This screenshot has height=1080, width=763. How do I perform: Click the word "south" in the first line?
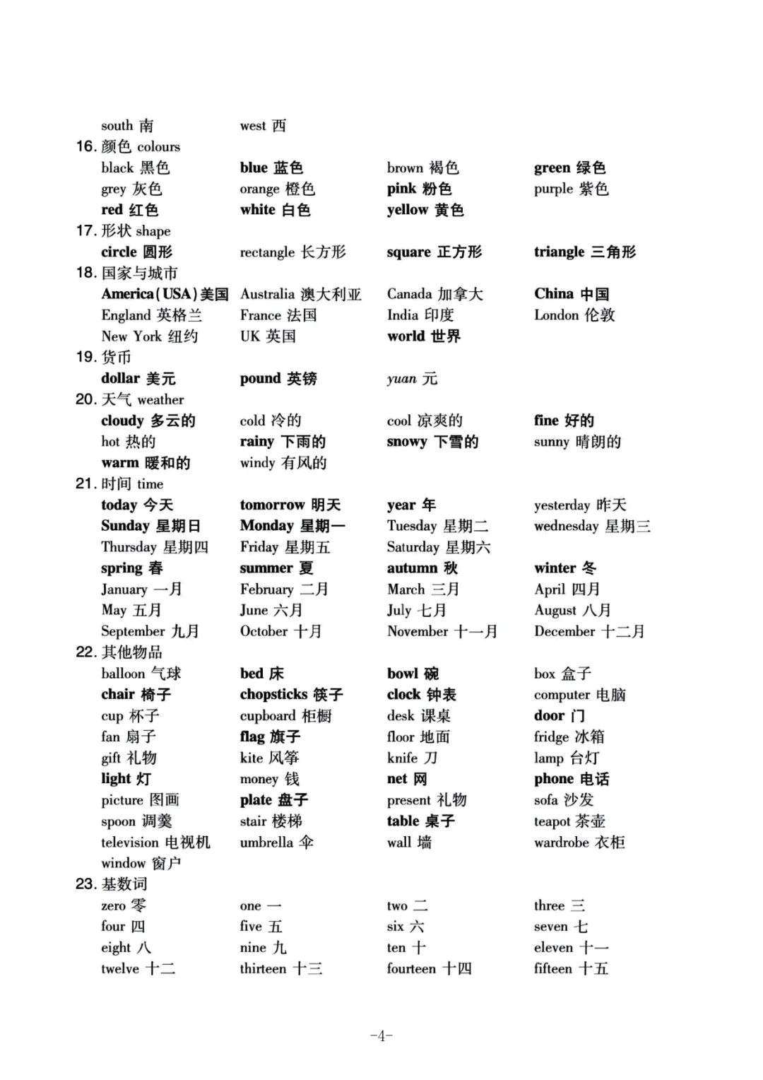coord(117,126)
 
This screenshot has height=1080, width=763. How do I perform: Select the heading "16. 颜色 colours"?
coord(128,147)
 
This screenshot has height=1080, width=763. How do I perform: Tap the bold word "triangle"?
coord(559,252)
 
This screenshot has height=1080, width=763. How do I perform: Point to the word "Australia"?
coord(267,294)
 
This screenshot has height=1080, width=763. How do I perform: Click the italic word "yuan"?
coord(401,379)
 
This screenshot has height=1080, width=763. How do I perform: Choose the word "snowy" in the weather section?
coord(407,442)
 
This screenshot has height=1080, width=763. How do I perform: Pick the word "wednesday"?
coord(566,526)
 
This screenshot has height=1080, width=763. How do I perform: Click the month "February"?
coord(266,589)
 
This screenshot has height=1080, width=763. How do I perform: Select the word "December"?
coord(564,631)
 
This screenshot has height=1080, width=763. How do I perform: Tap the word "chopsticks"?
coord(273,695)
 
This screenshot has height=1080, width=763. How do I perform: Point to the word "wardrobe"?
coord(561,843)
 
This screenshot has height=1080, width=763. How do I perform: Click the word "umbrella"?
coord(266,843)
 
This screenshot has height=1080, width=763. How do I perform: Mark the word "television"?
coord(130,843)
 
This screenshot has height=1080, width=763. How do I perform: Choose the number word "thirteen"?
coord(263,969)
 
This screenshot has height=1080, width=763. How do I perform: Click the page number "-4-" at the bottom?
coord(381,1036)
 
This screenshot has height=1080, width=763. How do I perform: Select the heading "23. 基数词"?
coord(112,884)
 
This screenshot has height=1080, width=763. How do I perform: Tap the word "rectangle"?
coord(267,252)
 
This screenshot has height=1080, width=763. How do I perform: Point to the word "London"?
coord(556,315)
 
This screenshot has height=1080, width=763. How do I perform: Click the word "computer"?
coord(562,695)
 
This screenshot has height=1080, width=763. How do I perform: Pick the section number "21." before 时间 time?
coord(85,484)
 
